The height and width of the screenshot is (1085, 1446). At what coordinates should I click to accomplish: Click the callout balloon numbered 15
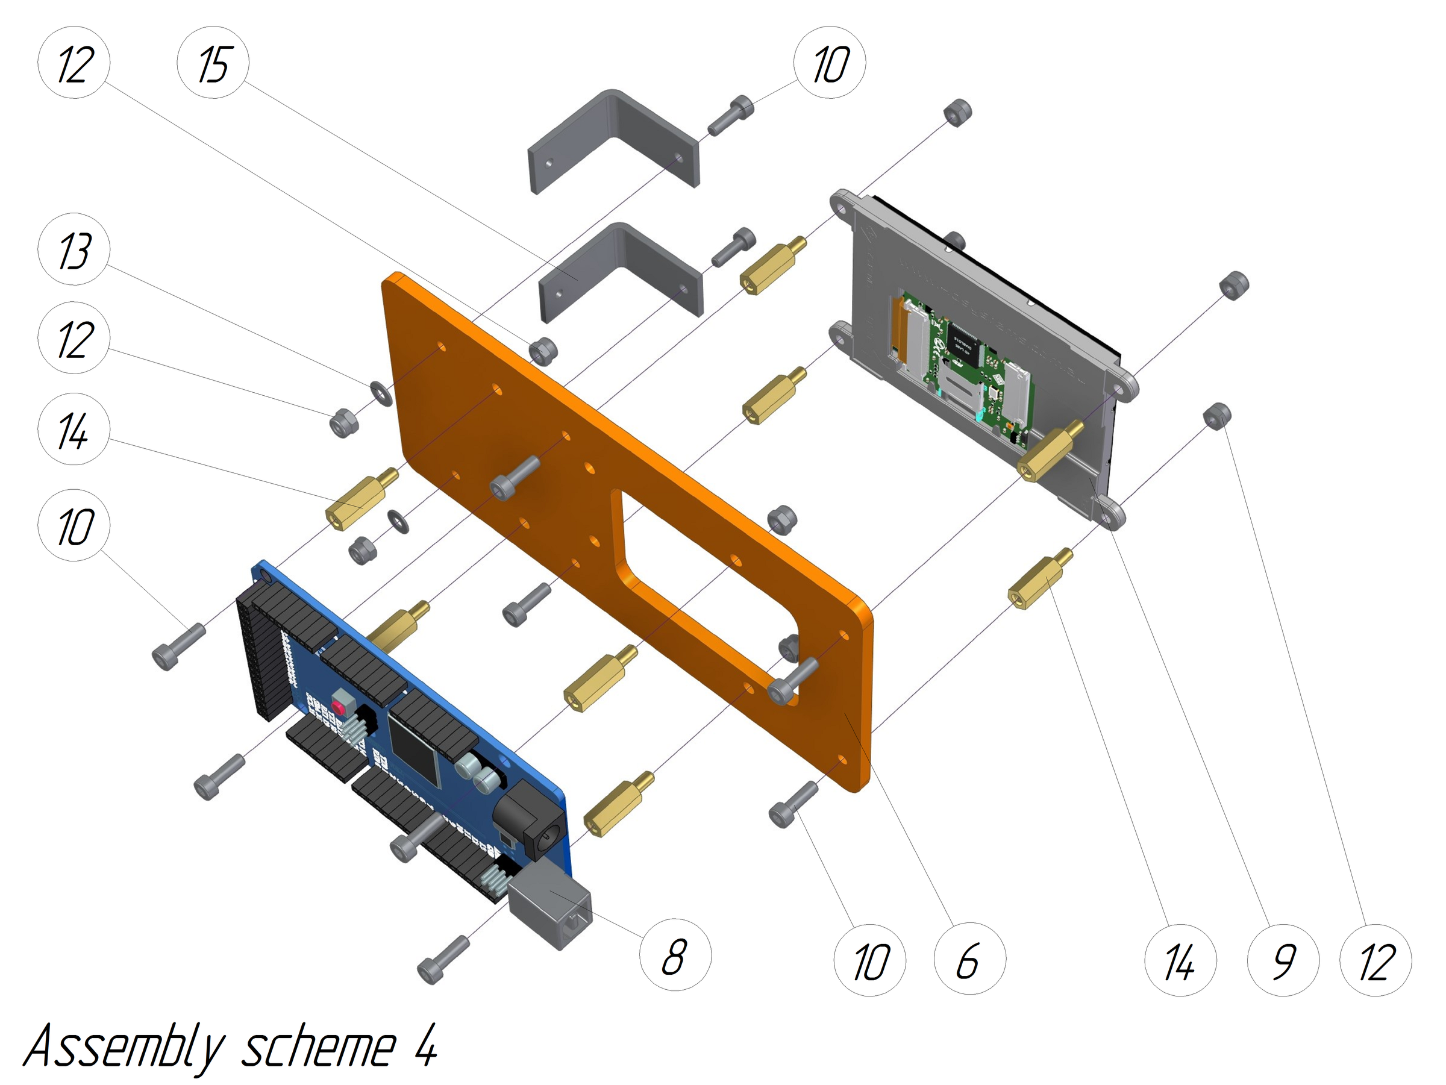pos(213,63)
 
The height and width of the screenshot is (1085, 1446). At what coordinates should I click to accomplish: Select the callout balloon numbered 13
pos(74,249)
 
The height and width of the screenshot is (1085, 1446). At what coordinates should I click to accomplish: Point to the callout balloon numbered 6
pos(970,960)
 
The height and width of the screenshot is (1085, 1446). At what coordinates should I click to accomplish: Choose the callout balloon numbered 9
pos(1283,960)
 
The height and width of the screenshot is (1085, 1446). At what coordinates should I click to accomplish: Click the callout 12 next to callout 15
pos(74,63)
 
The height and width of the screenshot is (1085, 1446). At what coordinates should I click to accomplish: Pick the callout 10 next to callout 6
pos(870,960)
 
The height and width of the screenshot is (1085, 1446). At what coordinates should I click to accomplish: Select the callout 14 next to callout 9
pos(1180,960)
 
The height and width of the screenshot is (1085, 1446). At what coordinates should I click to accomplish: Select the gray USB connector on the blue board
pos(549,906)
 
